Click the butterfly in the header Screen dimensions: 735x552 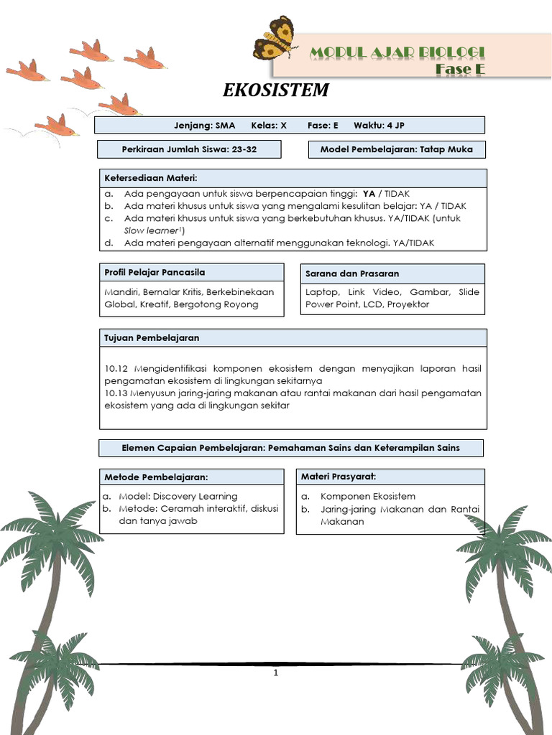pos(275,38)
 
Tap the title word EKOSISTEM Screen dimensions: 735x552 pos(276,90)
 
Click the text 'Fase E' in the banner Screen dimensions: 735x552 pos(460,69)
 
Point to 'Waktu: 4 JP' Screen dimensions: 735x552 pos(379,126)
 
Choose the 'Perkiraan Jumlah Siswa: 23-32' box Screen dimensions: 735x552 pos(190,149)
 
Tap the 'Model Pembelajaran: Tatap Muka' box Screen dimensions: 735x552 pos(397,149)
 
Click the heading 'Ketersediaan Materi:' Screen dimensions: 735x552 pos(151,178)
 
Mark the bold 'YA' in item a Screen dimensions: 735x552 pos(369,194)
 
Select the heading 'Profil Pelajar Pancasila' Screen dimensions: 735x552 pos(155,273)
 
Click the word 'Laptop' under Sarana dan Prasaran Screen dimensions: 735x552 pos(321,292)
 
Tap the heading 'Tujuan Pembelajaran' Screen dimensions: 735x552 pos(152,337)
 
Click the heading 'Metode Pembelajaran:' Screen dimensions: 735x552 pos(156,477)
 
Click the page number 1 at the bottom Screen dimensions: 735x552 pos(275,673)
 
